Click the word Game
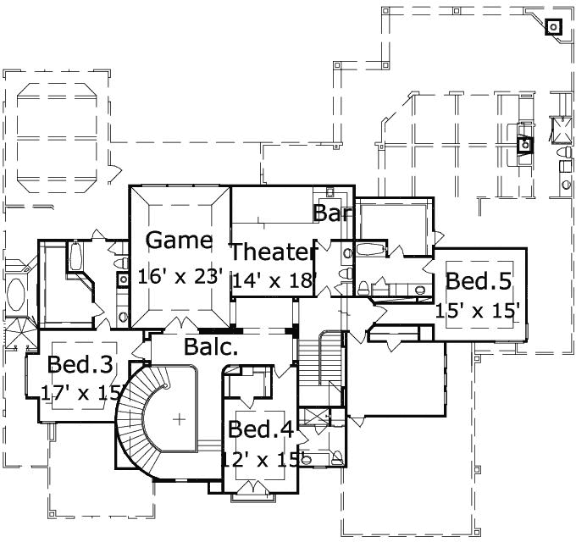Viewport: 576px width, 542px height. [179, 241]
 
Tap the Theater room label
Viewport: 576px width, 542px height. [274, 252]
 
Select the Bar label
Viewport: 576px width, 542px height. [332, 213]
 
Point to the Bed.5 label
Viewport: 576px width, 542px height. [479, 280]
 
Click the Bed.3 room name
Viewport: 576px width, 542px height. [80, 365]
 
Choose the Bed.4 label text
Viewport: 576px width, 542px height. [261, 429]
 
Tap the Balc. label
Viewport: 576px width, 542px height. [210, 346]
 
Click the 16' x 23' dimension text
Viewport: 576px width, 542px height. [180, 276]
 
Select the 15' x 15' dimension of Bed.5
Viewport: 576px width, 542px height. [477, 311]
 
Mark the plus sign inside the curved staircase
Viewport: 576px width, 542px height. [180, 418]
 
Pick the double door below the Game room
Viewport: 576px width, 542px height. [180, 325]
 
